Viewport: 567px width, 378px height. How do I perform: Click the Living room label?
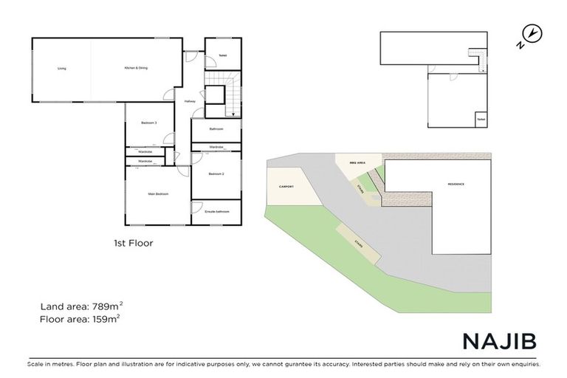pos(62,69)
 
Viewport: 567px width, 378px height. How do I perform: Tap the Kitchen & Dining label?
pos(137,68)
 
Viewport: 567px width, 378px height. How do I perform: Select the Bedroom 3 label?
pos(151,123)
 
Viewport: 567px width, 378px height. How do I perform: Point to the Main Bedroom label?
pos(158,193)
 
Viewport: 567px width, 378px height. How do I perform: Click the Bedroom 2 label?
pos(216,174)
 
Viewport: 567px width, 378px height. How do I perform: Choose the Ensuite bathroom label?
pos(217,212)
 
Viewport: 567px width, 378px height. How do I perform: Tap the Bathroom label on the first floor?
pos(216,129)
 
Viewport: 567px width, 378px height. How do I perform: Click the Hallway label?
pos(190,101)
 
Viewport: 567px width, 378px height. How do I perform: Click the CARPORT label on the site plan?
pos(286,187)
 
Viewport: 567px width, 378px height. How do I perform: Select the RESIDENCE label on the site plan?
pos(456,183)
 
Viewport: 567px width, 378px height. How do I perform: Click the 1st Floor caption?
pos(132,242)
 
